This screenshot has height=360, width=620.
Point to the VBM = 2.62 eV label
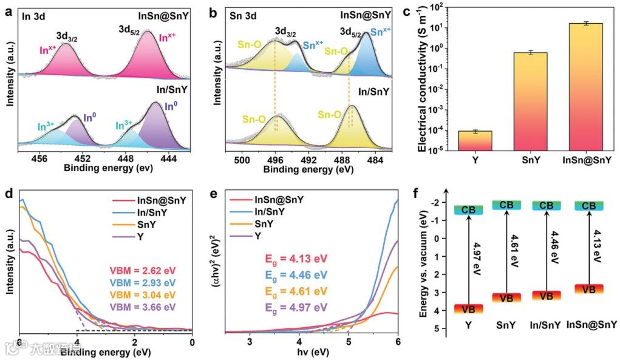[x=142, y=270]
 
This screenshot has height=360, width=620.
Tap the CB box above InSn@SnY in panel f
[x=588, y=206]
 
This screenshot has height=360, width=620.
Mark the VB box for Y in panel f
[x=468, y=309]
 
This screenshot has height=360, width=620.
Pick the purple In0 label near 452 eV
[x=89, y=117]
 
